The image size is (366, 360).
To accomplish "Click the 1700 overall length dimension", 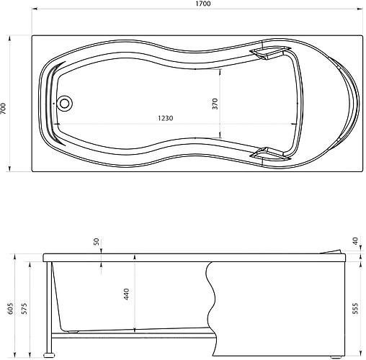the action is (x=203, y=4).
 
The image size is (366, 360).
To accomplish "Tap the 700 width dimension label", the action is (x=3, y=109).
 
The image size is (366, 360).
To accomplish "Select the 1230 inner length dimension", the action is (x=166, y=118).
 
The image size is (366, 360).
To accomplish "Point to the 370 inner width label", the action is (x=215, y=104).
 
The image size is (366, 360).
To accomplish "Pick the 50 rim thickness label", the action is (x=96, y=241).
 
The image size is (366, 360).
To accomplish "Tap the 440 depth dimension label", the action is (x=126, y=294).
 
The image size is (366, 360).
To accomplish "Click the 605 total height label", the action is (x=11, y=308).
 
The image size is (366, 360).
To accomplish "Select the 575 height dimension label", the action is (x=24, y=308).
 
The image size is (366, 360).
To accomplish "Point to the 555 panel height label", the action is (x=355, y=308).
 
